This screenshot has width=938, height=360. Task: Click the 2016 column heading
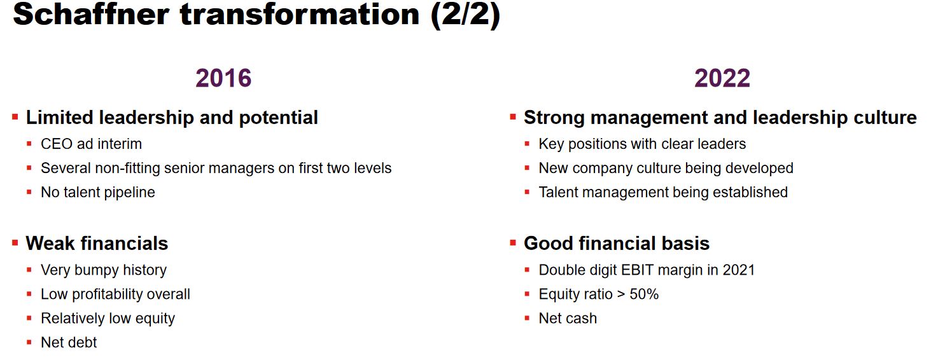223,78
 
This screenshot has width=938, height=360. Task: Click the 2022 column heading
722,78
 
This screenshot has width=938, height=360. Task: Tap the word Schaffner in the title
91,14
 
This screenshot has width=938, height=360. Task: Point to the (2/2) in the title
465,15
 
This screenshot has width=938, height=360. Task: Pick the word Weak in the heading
50,243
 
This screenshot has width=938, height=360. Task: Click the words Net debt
69,342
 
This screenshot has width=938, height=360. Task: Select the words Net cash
568,318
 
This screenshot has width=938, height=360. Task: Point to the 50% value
643,294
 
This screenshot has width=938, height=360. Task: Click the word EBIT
637,270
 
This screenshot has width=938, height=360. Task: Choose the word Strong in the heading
554,118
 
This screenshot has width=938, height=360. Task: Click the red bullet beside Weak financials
15,242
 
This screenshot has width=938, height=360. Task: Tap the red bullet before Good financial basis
512,242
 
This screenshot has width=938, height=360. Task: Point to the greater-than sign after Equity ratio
621,294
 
